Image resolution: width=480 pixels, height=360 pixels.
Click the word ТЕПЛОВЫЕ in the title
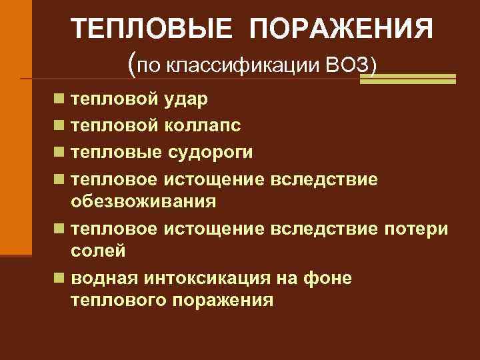[x=153, y=29]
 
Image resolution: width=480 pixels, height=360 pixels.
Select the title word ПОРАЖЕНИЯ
[x=341, y=29]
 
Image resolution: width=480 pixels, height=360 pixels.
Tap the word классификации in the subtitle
[x=246, y=66]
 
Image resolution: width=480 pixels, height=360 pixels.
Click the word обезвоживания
[x=143, y=201]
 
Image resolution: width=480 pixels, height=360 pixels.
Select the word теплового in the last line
[x=117, y=300]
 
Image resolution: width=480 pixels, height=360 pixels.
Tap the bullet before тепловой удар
[x=60, y=99]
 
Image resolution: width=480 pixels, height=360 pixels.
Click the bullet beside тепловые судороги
[x=60, y=152]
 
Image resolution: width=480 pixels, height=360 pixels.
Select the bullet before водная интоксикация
[x=60, y=277]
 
